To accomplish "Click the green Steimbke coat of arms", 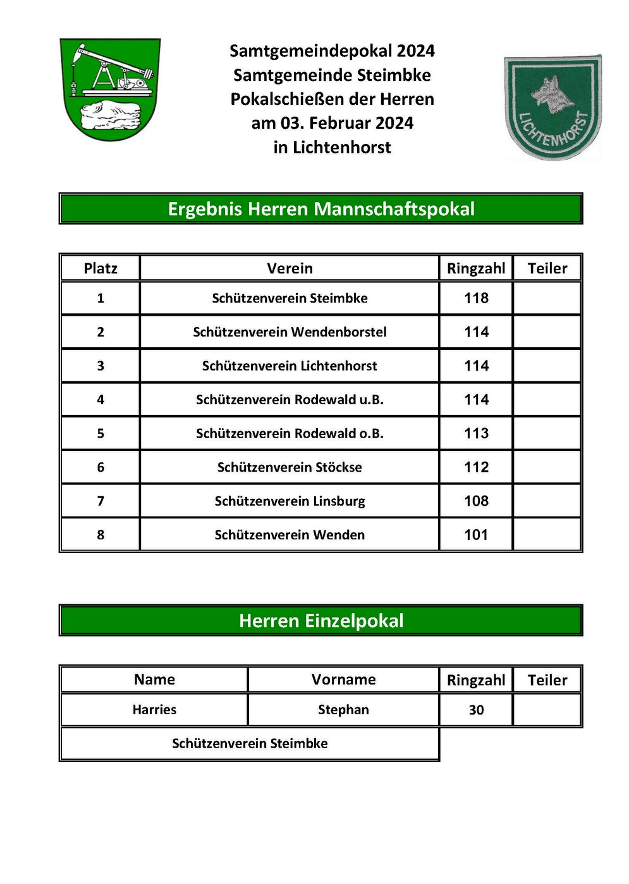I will click(110, 89).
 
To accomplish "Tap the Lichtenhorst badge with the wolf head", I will click(553, 107).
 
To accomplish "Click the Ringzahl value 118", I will click(476, 298).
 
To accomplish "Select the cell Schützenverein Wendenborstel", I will click(290, 332).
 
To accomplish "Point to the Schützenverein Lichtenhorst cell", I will click(290, 366).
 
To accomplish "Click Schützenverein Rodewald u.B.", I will click(290, 400).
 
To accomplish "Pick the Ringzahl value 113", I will click(476, 433).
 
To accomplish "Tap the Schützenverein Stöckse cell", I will click(290, 467).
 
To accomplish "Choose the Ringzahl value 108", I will click(476, 501).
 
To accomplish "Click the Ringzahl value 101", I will click(476, 535).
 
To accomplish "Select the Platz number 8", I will click(101, 535).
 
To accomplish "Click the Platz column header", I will click(101, 268).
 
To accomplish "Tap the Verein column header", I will click(290, 268).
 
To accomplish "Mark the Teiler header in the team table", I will click(547, 268).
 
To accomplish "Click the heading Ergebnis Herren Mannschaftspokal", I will click(321, 209).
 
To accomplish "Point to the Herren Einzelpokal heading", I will click(321, 621).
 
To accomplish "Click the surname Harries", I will click(154, 710).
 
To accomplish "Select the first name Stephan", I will click(343, 710).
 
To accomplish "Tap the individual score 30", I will click(476, 710).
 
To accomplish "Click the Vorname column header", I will click(343, 679).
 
